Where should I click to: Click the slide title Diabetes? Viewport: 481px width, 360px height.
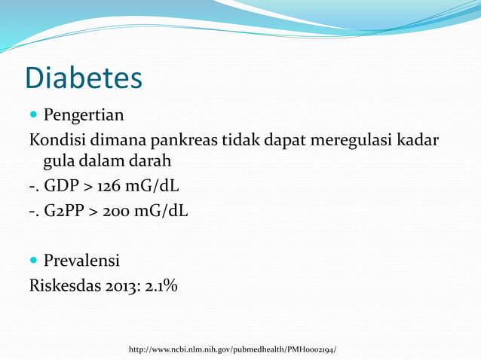pyautogui.click(x=84, y=78)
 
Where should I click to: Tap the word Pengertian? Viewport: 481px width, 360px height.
pyautogui.click(x=84, y=117)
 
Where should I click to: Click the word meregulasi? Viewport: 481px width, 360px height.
pyautogui.click(x=349, y=140)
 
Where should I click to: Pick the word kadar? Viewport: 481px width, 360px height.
pyautogui.click(x=418, y=140)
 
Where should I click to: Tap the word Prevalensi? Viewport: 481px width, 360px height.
pyautogui.click(x=81, y=262)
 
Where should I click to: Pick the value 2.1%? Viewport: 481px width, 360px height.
pyautogui.click(x=162, y=286)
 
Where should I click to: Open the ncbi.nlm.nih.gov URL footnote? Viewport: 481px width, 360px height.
pyautogui.click(x=232, y=350)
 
